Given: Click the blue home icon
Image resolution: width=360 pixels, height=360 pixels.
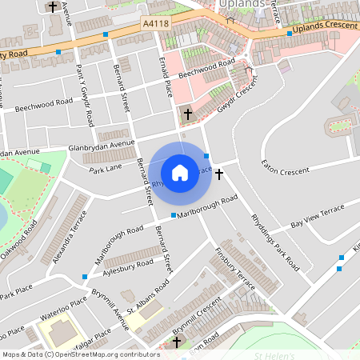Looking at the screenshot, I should [x=180, y=172].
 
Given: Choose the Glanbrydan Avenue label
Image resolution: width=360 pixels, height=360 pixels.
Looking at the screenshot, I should [x=102, y=146].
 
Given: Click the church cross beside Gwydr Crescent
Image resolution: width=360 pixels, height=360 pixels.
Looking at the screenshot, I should [x=188, y=114].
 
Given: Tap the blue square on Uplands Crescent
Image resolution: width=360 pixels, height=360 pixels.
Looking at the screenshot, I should [x=290, y=34].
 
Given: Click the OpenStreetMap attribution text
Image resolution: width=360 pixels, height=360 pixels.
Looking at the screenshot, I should [x=80, y=354].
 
